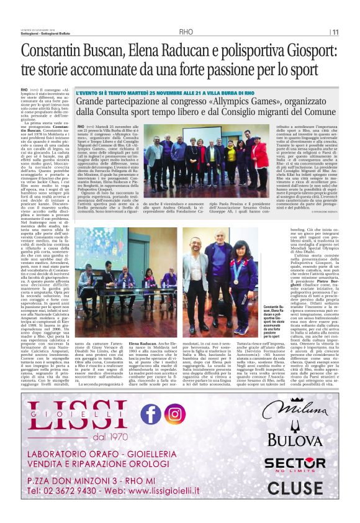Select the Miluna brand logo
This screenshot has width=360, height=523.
[x=295, y=409]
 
